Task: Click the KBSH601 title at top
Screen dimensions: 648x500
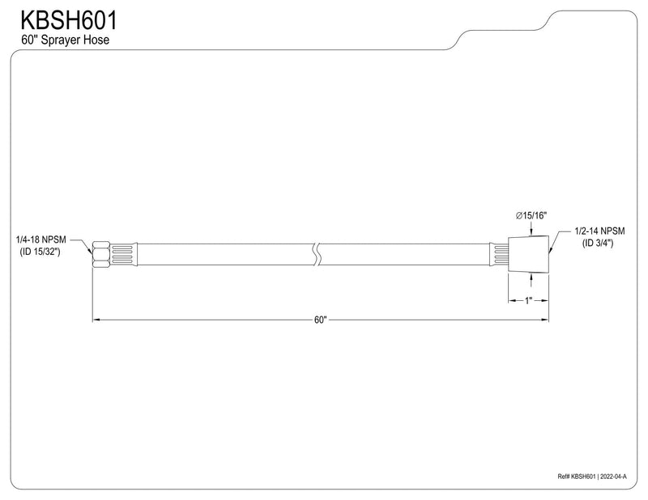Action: pos(69,20)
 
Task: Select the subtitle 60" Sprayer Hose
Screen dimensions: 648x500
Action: pos(66,40)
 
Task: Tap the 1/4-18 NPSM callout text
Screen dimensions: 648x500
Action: pos(41,239)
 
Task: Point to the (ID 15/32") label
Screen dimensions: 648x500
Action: pos(40,252)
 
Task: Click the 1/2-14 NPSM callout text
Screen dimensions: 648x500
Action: pos(599,231)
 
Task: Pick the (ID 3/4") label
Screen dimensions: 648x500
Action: pos(598,244)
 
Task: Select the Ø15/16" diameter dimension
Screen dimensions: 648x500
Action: pos(531,215)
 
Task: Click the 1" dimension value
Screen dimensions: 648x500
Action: pos(529,301)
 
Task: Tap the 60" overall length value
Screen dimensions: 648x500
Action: pos(320,320)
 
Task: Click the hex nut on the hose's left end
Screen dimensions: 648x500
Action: pos(100,254)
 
